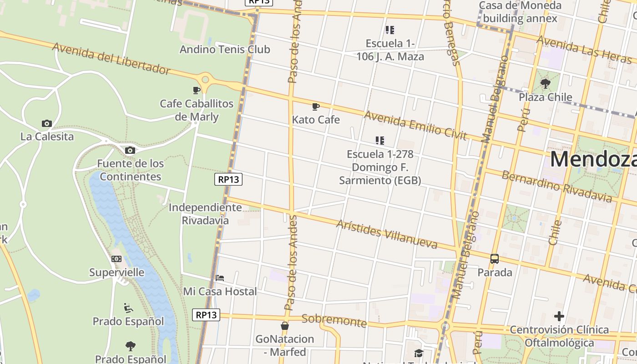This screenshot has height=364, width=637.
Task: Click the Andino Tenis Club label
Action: tap(225, 49)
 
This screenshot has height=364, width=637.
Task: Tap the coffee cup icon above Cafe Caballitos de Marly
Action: tap(197, 90)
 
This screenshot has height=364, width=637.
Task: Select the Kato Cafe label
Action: tap(316, 120)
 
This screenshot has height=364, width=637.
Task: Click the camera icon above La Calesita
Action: tap(46, 123)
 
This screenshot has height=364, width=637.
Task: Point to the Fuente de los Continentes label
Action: tap(131, 170)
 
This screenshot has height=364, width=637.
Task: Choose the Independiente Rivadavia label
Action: tap(205, 214)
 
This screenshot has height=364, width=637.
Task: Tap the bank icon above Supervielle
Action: tap(116, 259)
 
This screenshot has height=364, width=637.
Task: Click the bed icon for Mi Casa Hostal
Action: tap(220, 278)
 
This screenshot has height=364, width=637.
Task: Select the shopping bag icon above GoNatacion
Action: tap(284, 326)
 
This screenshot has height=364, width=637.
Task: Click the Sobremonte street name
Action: tap(334, 320)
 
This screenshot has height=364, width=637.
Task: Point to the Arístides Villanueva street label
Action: tap(387, 234)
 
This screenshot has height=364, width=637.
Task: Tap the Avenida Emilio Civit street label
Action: tap(415, 126)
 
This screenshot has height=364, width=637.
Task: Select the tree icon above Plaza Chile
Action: tap(545, 83)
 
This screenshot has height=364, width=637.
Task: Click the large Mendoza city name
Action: tap(593, 160)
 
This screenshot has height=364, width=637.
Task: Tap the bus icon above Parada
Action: tap(495, 259)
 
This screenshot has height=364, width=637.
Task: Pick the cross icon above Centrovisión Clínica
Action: tap(559, 316)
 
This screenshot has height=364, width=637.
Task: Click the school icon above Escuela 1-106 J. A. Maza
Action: tap(389, 30)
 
